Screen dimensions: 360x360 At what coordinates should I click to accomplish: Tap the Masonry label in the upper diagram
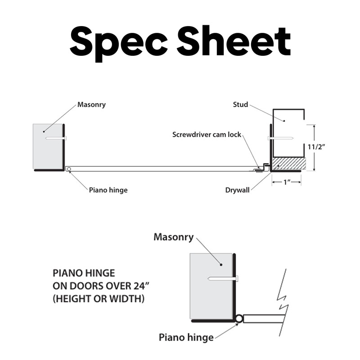pos(91,105)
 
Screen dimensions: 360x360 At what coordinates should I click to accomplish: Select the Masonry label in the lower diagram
pos(173,237)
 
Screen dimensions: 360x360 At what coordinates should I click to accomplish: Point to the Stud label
pos(240,105)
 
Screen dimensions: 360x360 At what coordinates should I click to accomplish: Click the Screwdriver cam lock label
pos(207,135)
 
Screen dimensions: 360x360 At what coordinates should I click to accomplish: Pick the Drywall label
pos(237,190)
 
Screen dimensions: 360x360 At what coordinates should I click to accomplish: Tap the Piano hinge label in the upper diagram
pos(108,190)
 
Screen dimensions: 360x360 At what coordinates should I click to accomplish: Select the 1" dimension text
pos(287,182)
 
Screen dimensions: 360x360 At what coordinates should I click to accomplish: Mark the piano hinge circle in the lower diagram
pos(239,319)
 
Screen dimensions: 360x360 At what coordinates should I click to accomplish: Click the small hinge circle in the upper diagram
pos(68,169)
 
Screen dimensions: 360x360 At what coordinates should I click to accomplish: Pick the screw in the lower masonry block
pos(223,279)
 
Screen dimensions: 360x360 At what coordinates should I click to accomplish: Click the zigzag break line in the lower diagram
pos(283,301)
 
